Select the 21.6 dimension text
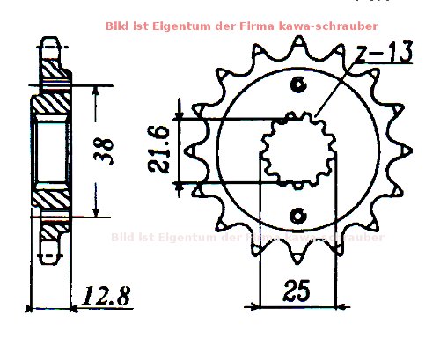tap(158, 149)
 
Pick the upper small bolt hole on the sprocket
tap(298, 84)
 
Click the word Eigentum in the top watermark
tap(180, 27)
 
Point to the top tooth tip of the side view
tap(51, 41)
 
